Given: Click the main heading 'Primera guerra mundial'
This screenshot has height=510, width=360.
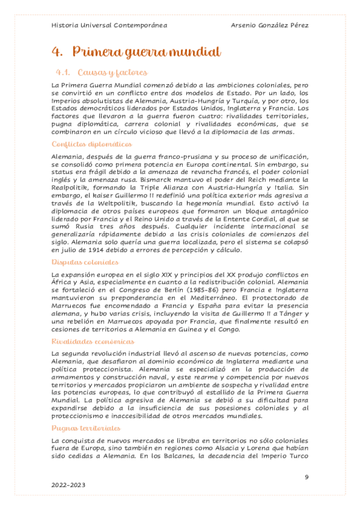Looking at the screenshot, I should (144, 52).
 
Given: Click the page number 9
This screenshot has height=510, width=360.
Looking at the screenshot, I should (307, 477).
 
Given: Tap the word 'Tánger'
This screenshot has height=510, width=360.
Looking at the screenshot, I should (292, 313).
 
